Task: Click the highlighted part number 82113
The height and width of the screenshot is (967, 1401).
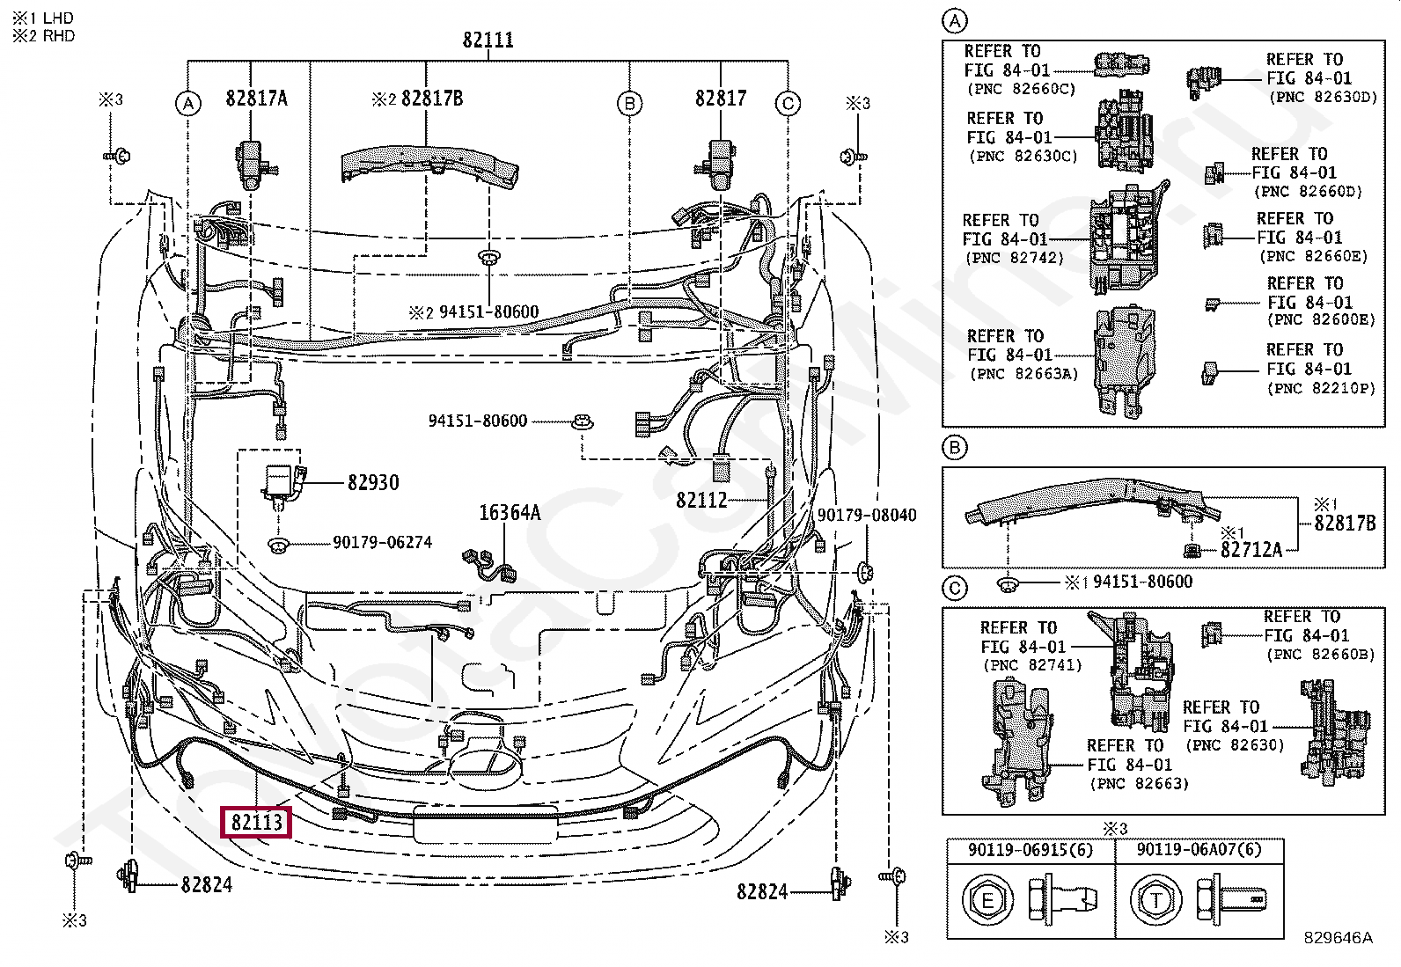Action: pos(256,822)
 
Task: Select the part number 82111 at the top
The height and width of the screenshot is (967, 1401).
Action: pos(488,40)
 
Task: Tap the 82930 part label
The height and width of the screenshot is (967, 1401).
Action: pos(373,482)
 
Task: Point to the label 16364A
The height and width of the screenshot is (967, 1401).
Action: pos(510,513)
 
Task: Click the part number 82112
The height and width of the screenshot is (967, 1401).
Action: pos(701,501)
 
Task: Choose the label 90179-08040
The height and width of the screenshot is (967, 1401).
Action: pos(867,515)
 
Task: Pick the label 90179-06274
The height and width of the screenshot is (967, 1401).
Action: pos(382,542)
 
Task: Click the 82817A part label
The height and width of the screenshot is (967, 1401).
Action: pos(256,99)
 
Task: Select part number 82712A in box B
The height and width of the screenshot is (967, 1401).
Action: pos(1251,550)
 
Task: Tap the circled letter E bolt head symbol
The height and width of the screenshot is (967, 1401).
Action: pos(987,901)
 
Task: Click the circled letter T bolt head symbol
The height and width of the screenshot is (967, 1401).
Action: pos(1155,901)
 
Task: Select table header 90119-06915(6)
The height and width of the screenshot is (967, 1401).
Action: pos(1031,849)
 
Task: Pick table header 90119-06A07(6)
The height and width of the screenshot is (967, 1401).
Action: pos(1199,849)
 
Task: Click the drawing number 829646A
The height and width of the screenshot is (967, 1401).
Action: pos(1338,938)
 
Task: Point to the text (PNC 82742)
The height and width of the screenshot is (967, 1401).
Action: pos(1015,258)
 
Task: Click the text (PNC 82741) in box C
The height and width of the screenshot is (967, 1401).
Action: pos(1032,665)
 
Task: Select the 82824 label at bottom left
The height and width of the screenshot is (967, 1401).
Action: pos(207,885)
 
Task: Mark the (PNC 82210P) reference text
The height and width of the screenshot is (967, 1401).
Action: pos(1322,388)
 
